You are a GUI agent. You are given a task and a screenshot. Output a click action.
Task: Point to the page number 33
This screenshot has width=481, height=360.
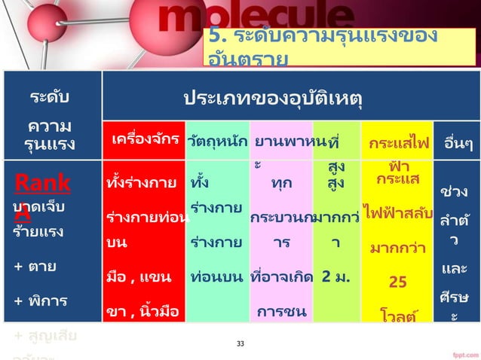tap(240, 344)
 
